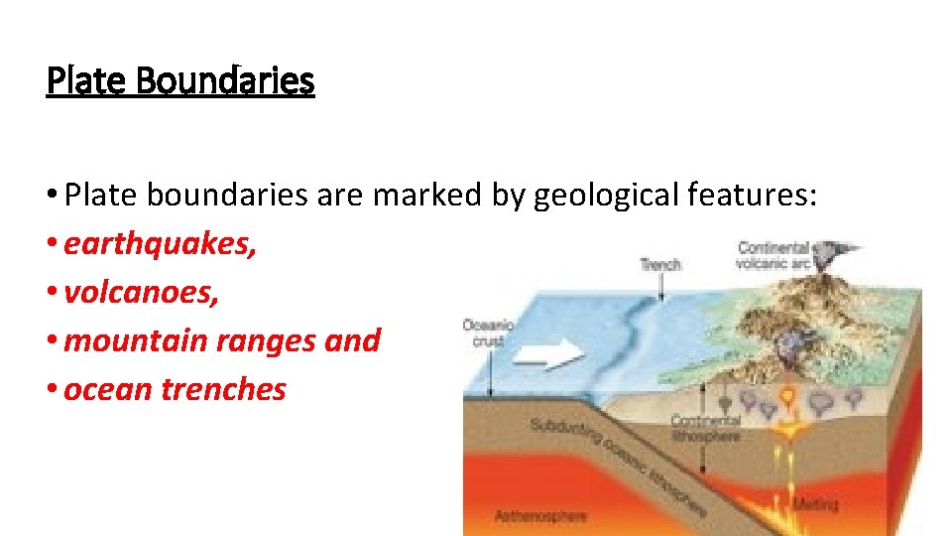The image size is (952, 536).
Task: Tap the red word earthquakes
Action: pyautogui.click(x=160, y=244)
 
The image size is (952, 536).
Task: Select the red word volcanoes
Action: pyautogui.click(x=141, y=293)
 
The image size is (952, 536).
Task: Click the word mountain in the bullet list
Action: pyautogui.click(x=127, y=340)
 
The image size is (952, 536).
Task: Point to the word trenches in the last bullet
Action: pyautogui.click(x=223, y=389)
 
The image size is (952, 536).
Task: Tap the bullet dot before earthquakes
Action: pyautogui.click(x=54, y=245)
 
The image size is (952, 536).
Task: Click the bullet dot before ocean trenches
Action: pyautogui.click(x=54, y=390)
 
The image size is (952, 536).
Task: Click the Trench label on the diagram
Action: pyautogui.click(x=660, y=264)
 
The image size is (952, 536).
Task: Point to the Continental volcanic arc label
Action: pyautogui.click(x=775, y=255)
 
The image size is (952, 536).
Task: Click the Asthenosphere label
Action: pyautogui.click(x=540, y=515)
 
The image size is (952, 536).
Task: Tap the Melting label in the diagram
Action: pyautogui.click(x=814, y=504)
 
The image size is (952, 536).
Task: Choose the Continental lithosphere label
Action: pyautogui.click(x=705, y=428)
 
